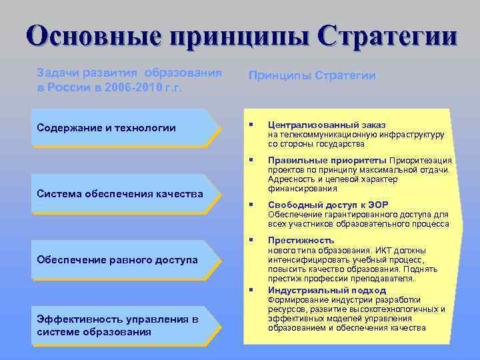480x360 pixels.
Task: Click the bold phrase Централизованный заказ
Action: tap(326, 125)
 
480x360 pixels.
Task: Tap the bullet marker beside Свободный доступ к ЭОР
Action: tap(251, 205)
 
